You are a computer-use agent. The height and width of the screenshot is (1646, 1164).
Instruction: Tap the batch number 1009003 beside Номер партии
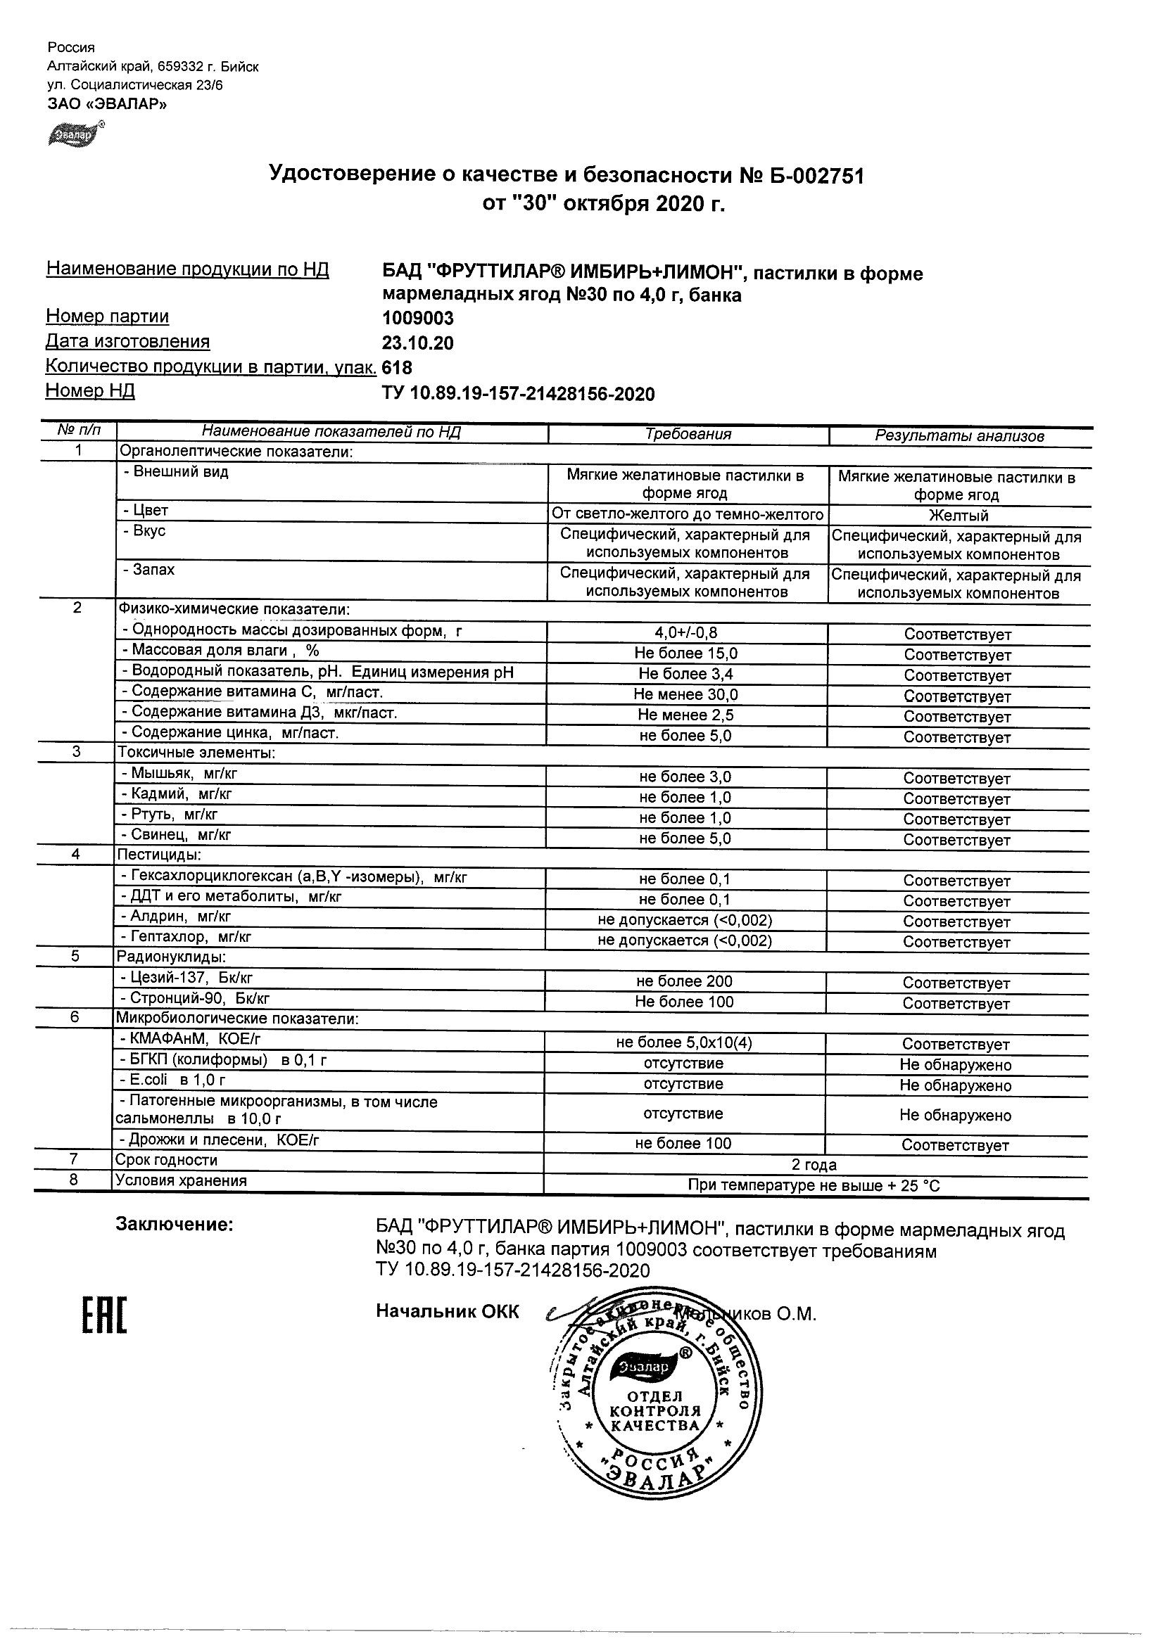(x=417, y=317)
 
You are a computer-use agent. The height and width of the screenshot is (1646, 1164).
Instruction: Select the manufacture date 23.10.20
(x=417, y=343)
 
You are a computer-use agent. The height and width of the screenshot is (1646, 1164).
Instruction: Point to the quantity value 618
(x=398, y=368)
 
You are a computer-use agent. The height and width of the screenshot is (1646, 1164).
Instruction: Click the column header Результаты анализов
(x=959, y=436)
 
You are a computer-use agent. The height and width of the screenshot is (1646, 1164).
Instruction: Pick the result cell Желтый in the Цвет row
(x=959, y=516)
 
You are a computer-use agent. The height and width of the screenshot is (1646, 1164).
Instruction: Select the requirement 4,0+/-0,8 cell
(x=685, y=632)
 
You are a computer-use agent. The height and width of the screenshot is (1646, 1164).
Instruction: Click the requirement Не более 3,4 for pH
(x=685, y=674)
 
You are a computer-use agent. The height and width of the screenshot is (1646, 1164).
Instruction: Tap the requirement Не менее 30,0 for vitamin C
(x=685, y=695)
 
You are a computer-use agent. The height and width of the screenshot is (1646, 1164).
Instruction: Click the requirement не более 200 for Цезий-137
(x=684, y=981)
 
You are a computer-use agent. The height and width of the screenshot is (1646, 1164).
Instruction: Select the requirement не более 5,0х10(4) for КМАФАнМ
(x=684, y=1043)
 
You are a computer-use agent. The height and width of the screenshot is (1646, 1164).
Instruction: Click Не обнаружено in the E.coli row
(x=955, y=1085)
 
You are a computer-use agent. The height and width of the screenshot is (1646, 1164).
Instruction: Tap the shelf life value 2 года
(x=814, y=1165)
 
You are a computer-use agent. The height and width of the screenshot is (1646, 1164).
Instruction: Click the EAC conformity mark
(x=104, y=1315)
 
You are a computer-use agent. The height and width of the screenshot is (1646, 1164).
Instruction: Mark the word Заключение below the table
(x=175, y=1225)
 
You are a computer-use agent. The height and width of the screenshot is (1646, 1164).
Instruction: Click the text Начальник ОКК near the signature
(x=448, y=1311)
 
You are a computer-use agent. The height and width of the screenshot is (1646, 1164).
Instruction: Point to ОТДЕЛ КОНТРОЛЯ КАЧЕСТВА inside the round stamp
(x=654, y=1411)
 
